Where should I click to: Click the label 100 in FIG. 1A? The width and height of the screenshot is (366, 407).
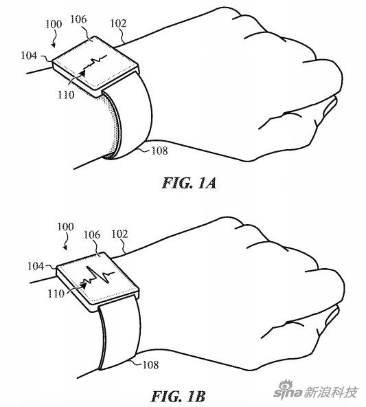pyautogui.click(x=54, y=24)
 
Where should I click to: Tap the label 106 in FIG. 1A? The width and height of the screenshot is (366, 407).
pyautogui.click(x=78, y=19)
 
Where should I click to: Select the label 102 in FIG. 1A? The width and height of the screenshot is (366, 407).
pyautogui.click(x=119, y=23)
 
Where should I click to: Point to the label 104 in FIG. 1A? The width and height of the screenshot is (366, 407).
pyautogui.click(x=29, y=55)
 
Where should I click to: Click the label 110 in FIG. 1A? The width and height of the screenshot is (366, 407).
pyautogui.click(x=66, y=95)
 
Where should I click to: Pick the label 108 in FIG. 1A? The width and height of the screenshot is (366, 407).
pyautogui.click(x=159, y=151)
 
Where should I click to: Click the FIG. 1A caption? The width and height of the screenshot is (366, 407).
pyautogui.click(x=189, y=183)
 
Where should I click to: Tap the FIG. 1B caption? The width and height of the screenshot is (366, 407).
pyautogui.click(x=178, y=397)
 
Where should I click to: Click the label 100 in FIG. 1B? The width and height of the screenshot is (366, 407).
pyautogui.click(x=65, y=227)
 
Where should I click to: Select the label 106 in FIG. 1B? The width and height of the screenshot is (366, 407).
pyautogui.click(x=92, y=234)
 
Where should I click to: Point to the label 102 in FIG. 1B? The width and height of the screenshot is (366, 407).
pyautogui.click(x=119, y=234)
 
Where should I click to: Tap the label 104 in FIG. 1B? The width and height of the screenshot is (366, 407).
pyautogui.click(x=36, y=266)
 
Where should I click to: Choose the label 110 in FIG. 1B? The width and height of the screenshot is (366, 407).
pyautogui.click(x=56, y=294)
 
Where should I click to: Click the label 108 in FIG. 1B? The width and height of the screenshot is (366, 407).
pyautogui.click(x=150, y=365)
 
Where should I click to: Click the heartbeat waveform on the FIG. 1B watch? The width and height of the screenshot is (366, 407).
pyautogui.click(x=98, y=276)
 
